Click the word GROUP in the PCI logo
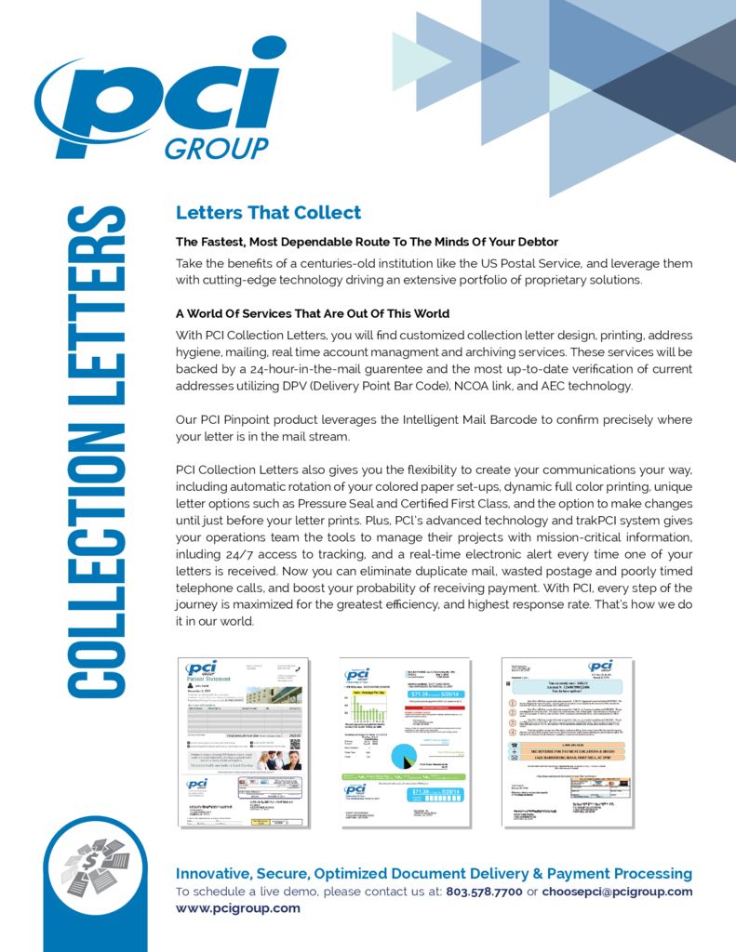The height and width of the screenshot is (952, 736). click(x=216, y=148)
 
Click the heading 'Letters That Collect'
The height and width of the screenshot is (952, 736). click(x=268, y=213)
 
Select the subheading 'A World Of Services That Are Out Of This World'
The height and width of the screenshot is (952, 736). click(x=313, y=313)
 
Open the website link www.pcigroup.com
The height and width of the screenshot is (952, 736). click(x=238, y=908)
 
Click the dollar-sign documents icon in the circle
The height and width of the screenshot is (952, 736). click(x=93, y=867)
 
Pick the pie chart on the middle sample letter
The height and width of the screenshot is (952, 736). click(x=407, y=755)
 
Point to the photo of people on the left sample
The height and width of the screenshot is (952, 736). click(x=279, y=760)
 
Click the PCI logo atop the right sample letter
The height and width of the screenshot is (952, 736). click(x=599, y=668)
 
